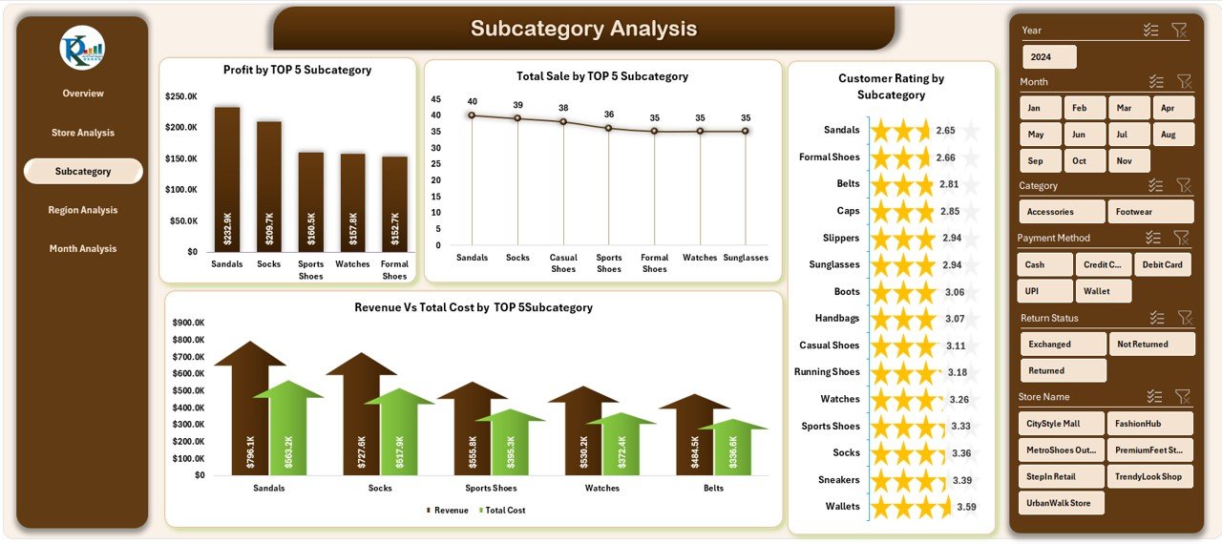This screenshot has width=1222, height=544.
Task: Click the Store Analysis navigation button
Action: [83, 133]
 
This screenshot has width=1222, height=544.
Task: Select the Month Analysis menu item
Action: [83, 249]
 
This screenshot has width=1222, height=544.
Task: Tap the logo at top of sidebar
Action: [82, 49]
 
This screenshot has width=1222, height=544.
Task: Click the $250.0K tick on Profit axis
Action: [181, 97]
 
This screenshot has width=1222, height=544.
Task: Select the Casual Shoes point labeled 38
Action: [563, 121]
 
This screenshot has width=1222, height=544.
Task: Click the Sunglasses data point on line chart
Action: [746, 131]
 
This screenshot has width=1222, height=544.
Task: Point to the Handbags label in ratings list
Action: [837, 318]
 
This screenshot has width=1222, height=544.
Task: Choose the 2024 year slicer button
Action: [1047, 57]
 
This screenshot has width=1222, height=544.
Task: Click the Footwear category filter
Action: [1150, 212]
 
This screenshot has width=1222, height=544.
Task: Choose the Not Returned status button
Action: [1151, 345]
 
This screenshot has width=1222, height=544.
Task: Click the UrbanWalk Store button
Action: [1061, 503]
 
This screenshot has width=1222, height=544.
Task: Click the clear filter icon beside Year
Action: [1180, 31]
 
